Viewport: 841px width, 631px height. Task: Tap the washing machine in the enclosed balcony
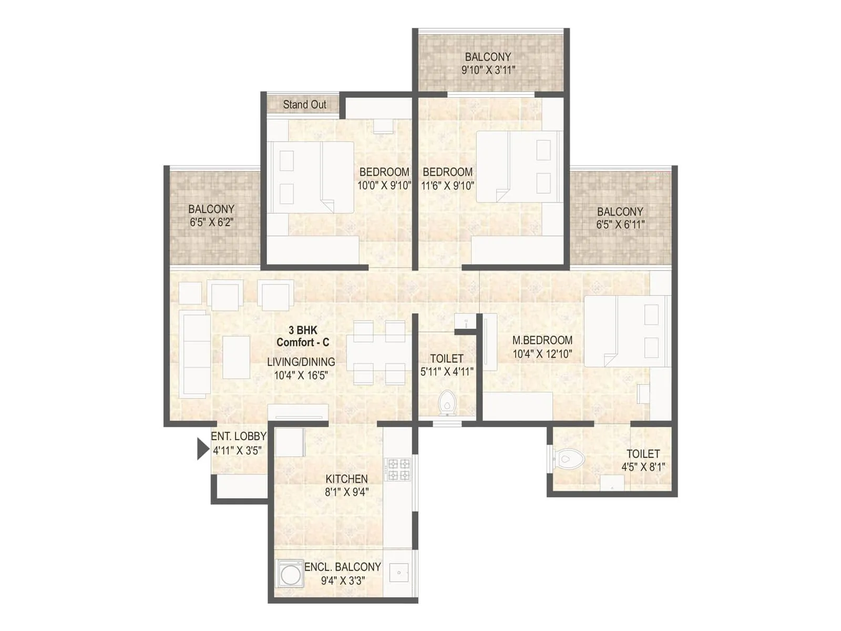290,575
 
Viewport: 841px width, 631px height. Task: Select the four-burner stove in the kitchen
398,470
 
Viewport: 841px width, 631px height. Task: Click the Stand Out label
304,104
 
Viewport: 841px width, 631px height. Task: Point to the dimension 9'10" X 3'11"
488,70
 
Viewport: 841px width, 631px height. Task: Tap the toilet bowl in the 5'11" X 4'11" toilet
447,402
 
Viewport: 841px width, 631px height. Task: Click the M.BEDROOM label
542,340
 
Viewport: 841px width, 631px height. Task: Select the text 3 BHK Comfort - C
303,336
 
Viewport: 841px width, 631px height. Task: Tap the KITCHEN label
346,479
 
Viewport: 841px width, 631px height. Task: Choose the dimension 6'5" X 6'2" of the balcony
211,222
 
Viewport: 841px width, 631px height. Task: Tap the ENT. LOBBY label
238,436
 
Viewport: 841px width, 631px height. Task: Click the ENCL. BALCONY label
343,567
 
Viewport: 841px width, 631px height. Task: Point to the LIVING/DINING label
301,362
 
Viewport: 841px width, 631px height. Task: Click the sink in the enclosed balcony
399,573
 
